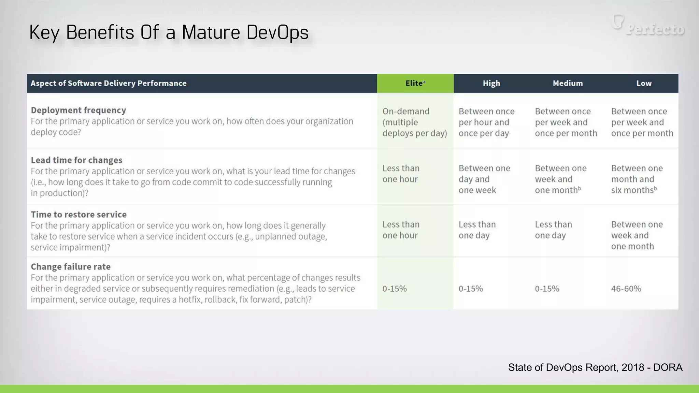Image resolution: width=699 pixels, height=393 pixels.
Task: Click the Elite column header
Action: tap(414, 83)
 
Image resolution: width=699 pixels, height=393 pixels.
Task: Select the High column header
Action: tap(491, 83)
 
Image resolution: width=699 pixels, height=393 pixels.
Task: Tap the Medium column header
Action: tap(568, 83)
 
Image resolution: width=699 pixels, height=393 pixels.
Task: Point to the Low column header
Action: tap(644, 83)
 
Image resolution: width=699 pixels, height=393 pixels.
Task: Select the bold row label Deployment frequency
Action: tap(79, 110)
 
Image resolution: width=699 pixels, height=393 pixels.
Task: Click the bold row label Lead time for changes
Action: tap(76, 160)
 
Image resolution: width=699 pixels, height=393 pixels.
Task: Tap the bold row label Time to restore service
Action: tap(79, 214)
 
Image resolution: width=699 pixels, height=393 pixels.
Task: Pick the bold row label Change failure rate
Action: tap(71, 266)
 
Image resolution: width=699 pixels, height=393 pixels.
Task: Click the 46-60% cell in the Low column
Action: tap(626, 289)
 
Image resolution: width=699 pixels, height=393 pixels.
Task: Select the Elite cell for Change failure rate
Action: tap(395, 289)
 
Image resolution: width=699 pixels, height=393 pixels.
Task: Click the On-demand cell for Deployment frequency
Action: tap(414, 122)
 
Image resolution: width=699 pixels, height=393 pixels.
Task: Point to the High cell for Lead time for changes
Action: tap(484, 179)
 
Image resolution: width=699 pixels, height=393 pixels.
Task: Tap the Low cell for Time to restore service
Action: tap(637, 235)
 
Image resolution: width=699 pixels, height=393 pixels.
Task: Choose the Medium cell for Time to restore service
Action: tap(553, 230)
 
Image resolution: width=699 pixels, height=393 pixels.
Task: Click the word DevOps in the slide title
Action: tap(277, 32)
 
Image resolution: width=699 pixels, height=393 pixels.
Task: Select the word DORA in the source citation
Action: tap(668, 367)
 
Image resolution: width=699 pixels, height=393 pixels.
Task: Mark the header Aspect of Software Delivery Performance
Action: tap(109, 83)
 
